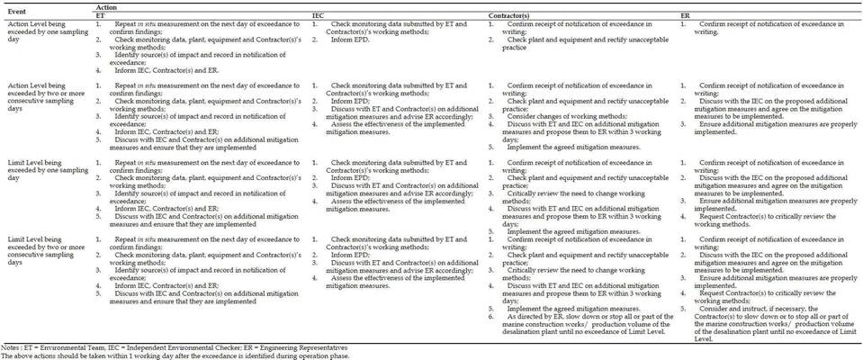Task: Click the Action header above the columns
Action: click(x=106, y=7)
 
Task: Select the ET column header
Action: click(x=100, y=15)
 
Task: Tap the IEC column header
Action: click(x=319, y=15)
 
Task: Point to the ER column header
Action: click(x=687, y=15)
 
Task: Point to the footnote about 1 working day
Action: click(x=171, y=355)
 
